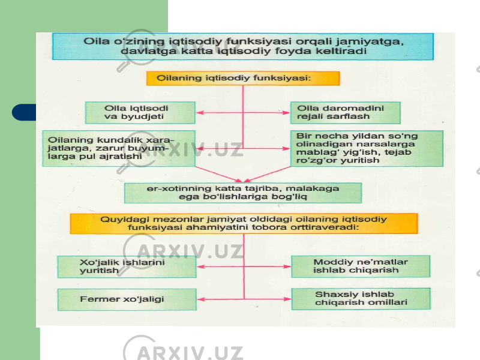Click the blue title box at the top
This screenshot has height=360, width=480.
point(243,47)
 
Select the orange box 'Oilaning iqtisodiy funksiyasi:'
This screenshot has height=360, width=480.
point(243,79)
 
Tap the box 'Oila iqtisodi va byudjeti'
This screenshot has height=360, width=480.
point(140,113)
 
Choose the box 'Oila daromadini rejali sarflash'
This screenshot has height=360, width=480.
point(346,113)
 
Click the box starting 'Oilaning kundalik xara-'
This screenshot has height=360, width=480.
point(119,148)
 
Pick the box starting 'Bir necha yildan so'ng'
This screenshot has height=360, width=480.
point(367,148)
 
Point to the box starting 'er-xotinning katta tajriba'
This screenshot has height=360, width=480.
point(243,193)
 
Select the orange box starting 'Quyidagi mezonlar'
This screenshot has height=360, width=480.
point(244,223)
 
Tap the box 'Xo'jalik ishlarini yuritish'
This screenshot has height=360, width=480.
point(127,266)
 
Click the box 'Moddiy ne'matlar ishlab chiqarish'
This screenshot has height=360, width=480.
point(361,266)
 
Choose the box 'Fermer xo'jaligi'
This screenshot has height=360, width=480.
point(127,299)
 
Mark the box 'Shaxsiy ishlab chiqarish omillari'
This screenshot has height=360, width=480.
point(361,299)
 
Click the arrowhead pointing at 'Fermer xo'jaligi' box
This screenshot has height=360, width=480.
point(200,299)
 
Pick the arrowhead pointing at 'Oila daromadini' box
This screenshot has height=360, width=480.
point(286,113)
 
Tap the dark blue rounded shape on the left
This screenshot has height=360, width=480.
point(24,112)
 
